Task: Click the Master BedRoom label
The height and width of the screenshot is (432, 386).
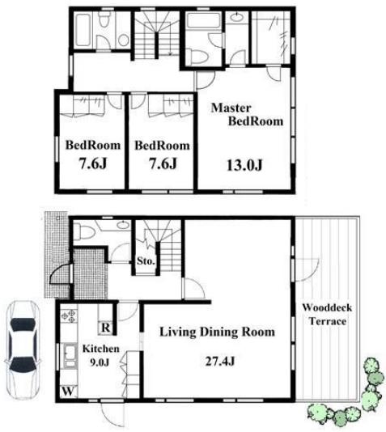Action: coord(247,114)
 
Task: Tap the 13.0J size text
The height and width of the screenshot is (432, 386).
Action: coord(244,165)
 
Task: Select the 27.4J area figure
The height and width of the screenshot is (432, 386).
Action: coord(220,361)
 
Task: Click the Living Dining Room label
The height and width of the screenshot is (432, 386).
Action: coord(218,332)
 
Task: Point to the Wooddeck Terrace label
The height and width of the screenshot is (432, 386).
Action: coord(327,315)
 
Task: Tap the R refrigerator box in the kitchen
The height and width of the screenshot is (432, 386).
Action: coord(106,328)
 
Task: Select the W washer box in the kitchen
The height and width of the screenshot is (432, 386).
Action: coord(68,391)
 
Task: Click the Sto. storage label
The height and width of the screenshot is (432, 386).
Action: coord(146,260)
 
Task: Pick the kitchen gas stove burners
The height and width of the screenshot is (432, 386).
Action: coord(68,316)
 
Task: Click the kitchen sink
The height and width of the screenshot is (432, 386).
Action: coord(70,355)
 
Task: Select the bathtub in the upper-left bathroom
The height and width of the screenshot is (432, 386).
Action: coord(83,29)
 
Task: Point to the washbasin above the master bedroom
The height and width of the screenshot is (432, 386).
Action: coord(236,17)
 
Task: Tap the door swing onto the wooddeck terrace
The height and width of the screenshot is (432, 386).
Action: coord(307,270)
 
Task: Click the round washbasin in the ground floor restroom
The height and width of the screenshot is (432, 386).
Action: coord(123,225)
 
